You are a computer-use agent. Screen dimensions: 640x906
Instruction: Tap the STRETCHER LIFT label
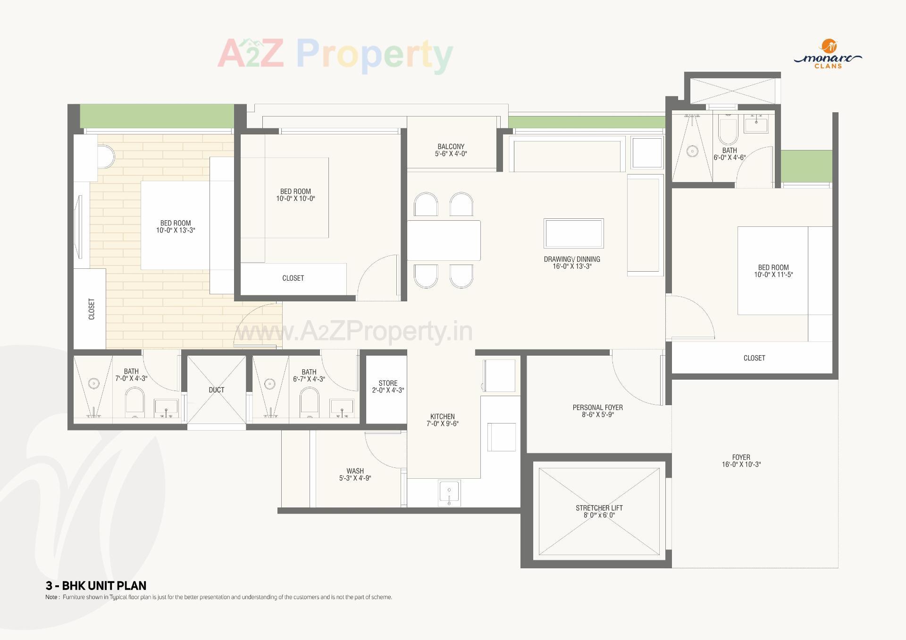599,508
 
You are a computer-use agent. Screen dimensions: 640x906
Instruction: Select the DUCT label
217,390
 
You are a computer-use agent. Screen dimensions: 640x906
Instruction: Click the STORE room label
388,383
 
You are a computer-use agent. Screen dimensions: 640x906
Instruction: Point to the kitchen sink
449,492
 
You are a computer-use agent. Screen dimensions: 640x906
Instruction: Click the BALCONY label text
451,147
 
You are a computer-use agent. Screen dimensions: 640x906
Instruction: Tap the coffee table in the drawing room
573,233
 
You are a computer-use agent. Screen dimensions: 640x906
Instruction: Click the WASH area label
355,471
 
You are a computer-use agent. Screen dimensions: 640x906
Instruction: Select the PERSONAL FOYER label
597,407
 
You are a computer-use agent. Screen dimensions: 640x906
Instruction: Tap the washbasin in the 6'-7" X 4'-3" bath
342,406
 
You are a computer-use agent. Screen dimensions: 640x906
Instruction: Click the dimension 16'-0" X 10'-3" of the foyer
741,465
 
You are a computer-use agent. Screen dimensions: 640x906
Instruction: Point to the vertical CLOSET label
92,309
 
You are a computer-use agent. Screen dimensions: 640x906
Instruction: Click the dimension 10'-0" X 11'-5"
773,274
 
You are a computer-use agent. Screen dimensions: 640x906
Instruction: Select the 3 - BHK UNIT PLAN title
96,585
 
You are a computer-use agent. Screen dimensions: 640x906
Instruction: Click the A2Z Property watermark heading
335,54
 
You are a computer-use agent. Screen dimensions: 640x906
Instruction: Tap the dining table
444,240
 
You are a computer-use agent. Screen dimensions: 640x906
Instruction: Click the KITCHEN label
442,416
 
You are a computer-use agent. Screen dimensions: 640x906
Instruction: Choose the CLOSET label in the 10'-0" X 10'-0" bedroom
293,278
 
